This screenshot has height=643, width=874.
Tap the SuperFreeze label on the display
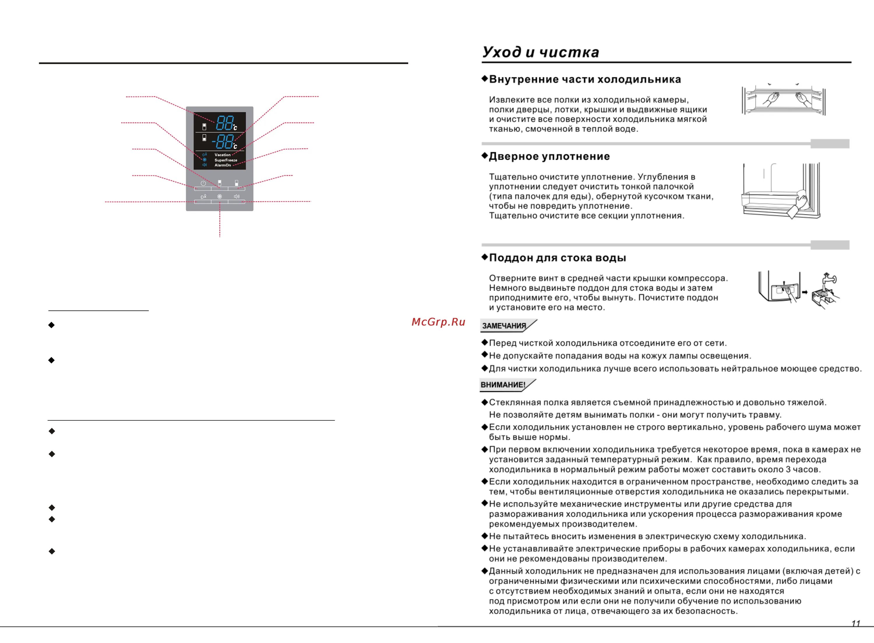[225, 160]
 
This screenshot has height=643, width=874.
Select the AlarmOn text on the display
[223, 165]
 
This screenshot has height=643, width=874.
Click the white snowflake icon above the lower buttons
[220, 197]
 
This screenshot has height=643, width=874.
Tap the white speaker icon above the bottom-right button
[237, 197]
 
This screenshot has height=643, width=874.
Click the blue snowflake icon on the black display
[205, 159]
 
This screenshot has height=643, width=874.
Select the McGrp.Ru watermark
[438, 322]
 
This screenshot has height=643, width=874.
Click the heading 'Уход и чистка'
[540, 52]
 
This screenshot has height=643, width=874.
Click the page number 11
[856, 624]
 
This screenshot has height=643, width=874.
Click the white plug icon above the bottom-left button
[203, 197]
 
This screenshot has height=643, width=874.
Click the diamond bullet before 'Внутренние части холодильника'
[485, 79]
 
